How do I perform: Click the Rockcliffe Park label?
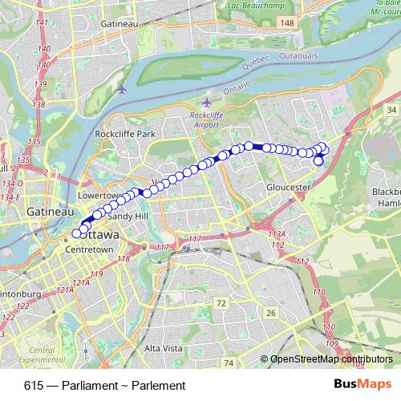tap(124, 134)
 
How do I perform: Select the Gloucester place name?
tap(288, 187)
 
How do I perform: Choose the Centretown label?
tap(88, 250)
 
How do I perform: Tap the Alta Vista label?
tap(164, 349)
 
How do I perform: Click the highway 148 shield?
tap(287, 25)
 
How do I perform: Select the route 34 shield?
tap(391, 108)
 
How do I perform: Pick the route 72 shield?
tap(221, 302)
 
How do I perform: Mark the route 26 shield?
tap(271, 313)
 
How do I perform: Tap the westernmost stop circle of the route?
tap(77, 233)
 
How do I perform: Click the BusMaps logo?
tap(363, 385)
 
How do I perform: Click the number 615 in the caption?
tap(33, 386)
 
